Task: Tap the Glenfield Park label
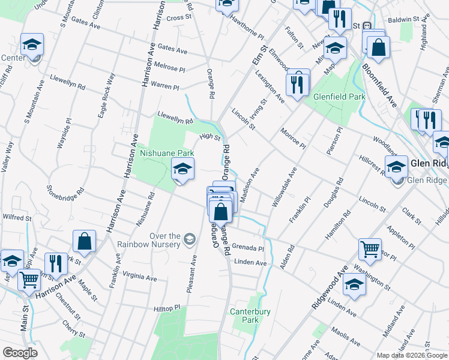pyautogui.click(x=339, y=96)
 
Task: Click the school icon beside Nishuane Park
pyautogui.click(x=182, y=169)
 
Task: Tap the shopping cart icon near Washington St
pyautogui.click(x=370, y=248)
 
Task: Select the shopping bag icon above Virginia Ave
pyautogui.click(x=85, y=241)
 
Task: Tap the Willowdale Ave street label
pyautogui.click(x=285, y=188)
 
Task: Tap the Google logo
pyautogui.click(x=20, y=353)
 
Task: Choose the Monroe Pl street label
pyautogui.click(x=293, y=138)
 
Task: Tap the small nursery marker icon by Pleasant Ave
pyautogui.click(x=190, y=240)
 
